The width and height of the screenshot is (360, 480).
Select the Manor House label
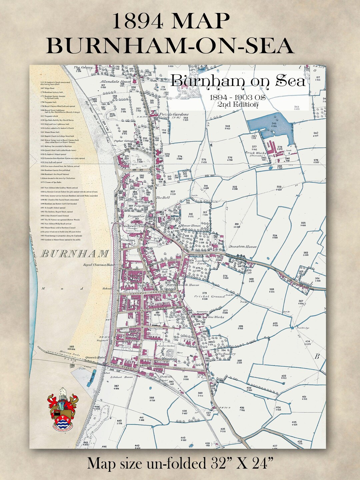[x=191, y=226]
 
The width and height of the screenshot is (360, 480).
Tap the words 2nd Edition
[x=237, y=105]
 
